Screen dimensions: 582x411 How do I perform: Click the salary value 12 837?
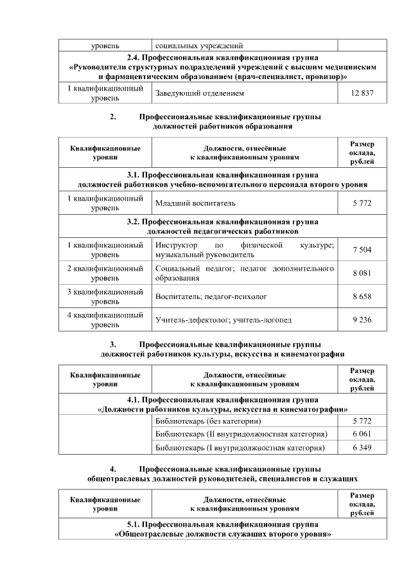pyautogui.click(x=362, y=94)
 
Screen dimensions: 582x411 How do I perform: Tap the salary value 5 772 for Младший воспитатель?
pyautogui.click(x=362, y=204)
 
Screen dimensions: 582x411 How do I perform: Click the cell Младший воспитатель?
pyautogui.click(x=191, y=204)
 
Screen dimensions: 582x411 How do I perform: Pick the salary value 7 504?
pyautogui.click(x=362, y=250)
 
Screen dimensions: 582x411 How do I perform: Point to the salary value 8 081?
pyautogui.click(x=362, y=274)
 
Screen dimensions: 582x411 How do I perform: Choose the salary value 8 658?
pyautogui.click(x=362, y=297)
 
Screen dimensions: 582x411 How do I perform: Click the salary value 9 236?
pyautogui.click(x=362, y=320)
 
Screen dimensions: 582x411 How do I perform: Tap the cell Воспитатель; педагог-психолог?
pyautogui.click(x=211, y=297)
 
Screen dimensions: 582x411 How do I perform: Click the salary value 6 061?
pyautogui.click(x=362, y=434)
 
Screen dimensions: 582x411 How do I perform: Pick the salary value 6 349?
pyautogui.click(x=362, y=448)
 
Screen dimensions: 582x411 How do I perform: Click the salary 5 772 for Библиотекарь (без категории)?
pyautogui.click(x=362, y=421)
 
